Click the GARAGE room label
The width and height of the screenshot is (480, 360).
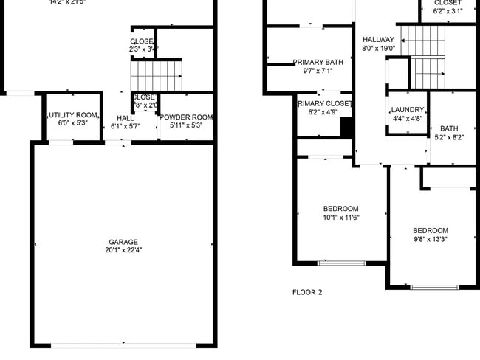124,241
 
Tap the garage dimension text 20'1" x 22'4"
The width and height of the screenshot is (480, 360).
124,250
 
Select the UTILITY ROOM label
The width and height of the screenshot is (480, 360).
73,116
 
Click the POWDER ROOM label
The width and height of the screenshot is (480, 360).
186,117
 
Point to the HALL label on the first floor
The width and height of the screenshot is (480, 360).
125,118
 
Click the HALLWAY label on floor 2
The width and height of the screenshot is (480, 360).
378,40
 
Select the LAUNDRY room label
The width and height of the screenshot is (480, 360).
407,110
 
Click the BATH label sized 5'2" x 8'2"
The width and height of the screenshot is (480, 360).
449,128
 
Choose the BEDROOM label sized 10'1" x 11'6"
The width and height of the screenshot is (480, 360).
340,209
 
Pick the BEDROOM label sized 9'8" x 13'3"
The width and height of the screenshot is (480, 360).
430,231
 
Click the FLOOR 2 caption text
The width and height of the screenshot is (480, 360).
307,293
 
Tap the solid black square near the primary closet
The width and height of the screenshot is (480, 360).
346,128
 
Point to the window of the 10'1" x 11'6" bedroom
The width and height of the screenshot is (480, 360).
341,263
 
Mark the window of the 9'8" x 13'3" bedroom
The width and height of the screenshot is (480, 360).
434,287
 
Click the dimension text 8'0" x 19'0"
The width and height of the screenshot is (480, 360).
378,49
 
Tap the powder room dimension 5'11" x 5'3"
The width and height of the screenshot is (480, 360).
186,125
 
